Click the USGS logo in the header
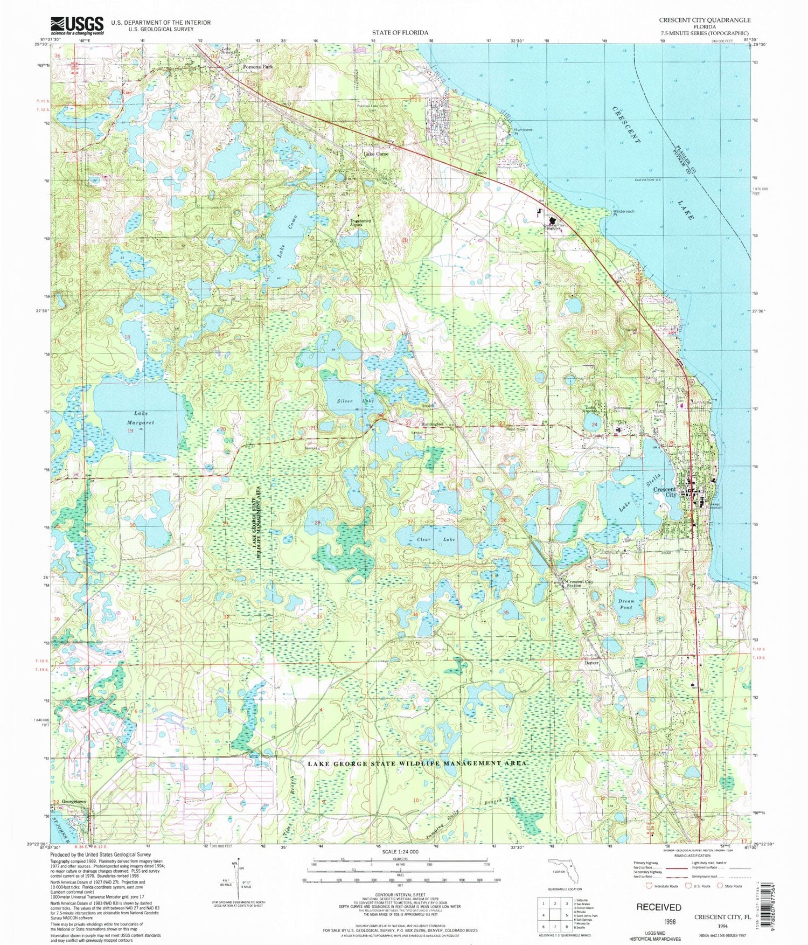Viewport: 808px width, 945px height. tap(76, 25)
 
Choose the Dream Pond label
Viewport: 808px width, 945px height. tap(626, 604)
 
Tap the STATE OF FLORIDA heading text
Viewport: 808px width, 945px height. tap(400, 33)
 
